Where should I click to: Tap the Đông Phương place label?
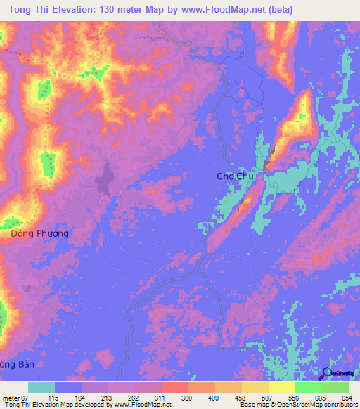40,233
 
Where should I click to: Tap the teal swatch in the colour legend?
41,387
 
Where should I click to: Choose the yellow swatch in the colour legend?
282,387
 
